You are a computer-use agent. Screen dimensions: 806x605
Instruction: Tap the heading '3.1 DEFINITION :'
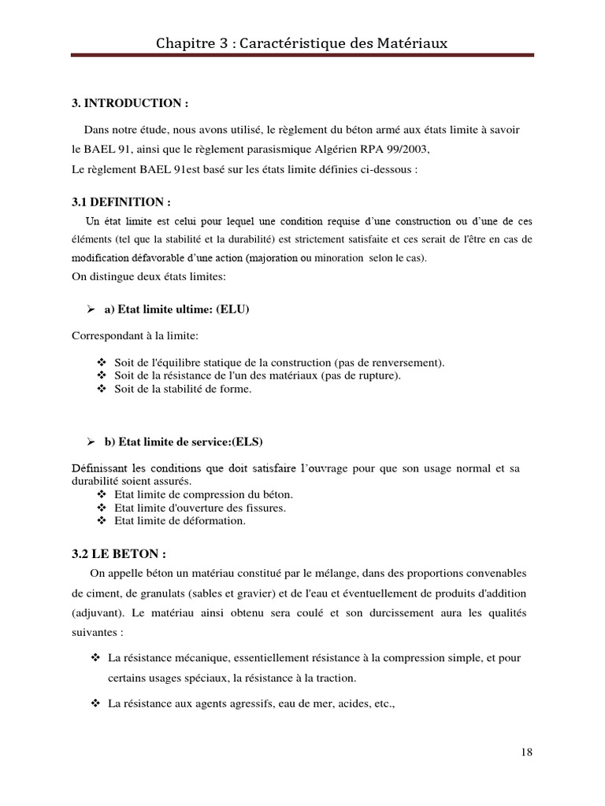tap(121, 202)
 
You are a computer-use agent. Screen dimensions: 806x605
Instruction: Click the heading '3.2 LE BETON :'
tap(119, 553)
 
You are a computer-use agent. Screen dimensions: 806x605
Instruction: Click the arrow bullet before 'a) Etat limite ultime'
tap(89, 309)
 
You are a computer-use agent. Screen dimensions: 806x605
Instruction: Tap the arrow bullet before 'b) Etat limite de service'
tap(89, 441)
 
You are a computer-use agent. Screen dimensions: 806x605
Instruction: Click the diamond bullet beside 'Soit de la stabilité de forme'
tap(101, 389)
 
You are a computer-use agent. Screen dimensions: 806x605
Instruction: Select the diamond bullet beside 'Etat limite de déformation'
tap(101, 520)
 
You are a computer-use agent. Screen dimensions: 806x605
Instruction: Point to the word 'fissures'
tap(262, 508)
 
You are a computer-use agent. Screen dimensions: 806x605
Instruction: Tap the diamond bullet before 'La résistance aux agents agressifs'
tap(96, 704)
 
